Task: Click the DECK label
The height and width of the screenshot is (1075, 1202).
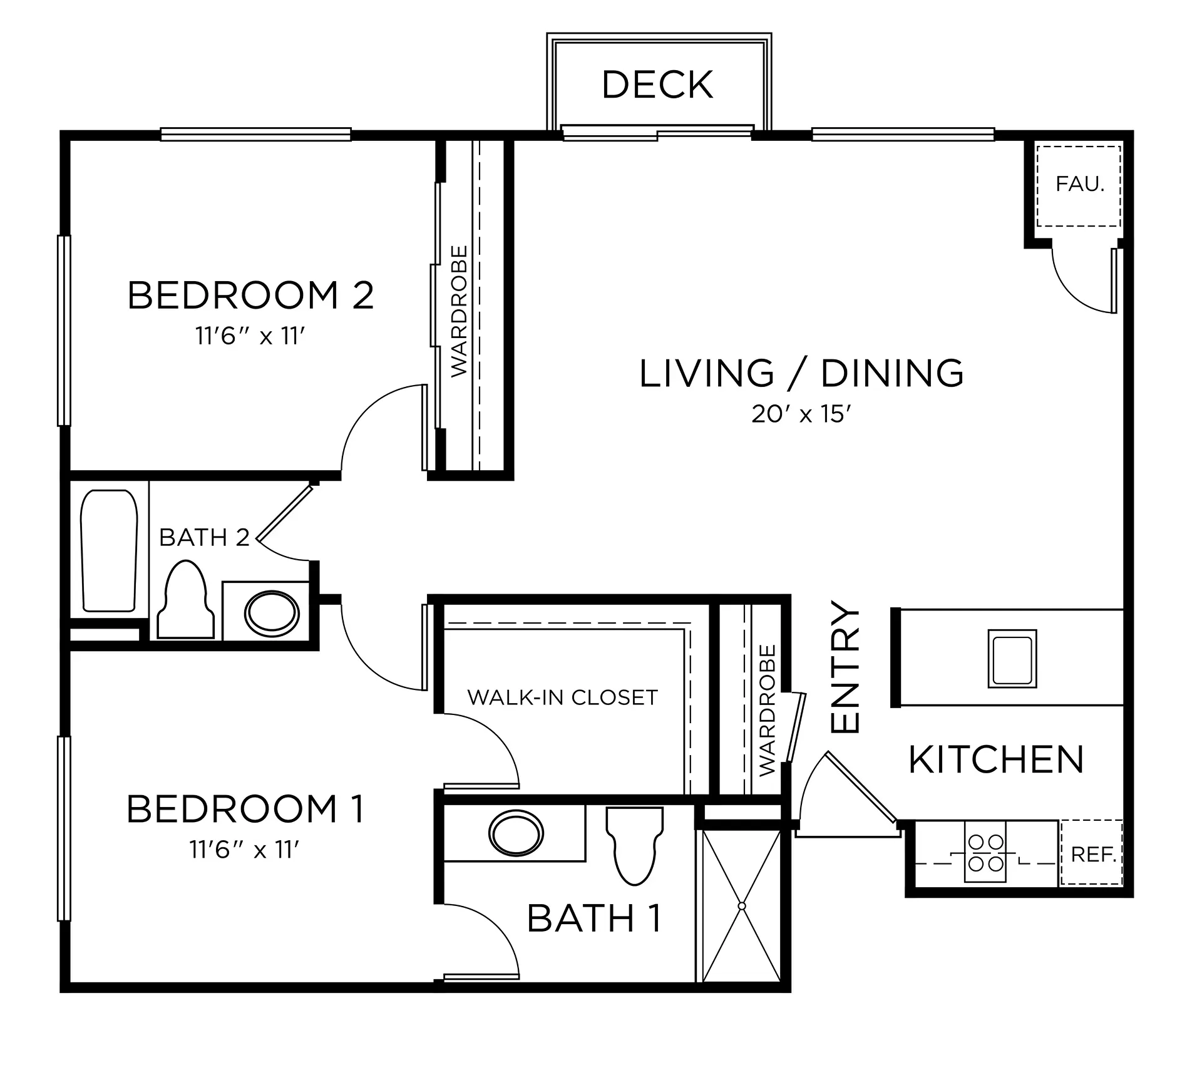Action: pos(657,85)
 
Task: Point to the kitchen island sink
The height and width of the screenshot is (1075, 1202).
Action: pos(1012,659)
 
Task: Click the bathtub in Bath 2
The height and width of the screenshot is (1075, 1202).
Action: pos(109,551)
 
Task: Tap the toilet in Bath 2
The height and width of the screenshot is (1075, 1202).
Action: pos(185,600)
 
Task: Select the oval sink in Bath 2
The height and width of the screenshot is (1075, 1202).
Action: pos(272,613)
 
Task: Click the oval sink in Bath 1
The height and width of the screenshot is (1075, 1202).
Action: pos(516,833)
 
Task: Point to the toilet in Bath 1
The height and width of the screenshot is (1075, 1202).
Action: pos(634,845)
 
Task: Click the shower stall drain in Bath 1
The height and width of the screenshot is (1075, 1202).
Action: pos(742,906)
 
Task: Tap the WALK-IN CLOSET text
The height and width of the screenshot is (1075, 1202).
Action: pos(563,697)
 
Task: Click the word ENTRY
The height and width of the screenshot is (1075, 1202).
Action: pos(845,667)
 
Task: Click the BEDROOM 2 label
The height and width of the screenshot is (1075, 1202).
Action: pos(250,296)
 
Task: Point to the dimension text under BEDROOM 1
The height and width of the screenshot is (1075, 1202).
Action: pos(245,850)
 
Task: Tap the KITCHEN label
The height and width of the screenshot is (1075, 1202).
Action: pos(996,760)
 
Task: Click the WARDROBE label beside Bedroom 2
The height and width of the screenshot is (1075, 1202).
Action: pos(459,311)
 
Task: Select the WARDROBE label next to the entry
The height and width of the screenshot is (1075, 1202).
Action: pos(767,711)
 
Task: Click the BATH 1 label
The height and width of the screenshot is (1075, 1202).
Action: pos(594,919)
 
